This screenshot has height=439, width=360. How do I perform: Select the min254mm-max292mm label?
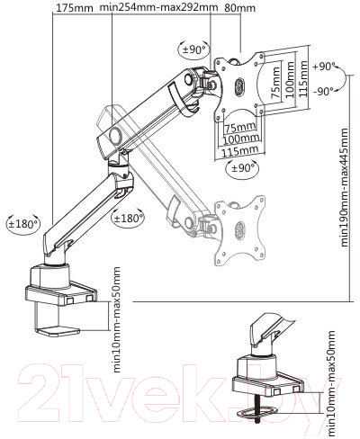pos(158,7)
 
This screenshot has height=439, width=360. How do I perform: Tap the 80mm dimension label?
pos(240,8)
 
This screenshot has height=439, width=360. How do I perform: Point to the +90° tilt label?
pos(324,67)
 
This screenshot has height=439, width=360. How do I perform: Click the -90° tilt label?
pos(324,91)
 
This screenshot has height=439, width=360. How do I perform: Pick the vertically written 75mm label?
pos(275,82)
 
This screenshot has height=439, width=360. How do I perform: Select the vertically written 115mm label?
pos(303,78)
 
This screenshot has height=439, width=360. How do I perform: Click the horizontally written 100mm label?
pos(241,139)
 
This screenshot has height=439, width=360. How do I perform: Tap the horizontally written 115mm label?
pos(240,150)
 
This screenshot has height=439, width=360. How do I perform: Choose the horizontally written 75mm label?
pos(240,128)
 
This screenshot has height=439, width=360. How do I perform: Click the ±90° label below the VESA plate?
pos(241,168)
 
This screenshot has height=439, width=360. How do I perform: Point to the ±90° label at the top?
pos(193,49)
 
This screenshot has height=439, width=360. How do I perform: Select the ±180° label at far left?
pos(23,224)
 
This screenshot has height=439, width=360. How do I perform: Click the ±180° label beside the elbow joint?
pos(128,218)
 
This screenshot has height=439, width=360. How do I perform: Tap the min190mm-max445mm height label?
pos(345,188)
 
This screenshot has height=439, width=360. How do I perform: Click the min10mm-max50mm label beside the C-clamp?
pos(116,319)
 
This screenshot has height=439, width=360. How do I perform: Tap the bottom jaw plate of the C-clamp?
pos(58,332)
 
